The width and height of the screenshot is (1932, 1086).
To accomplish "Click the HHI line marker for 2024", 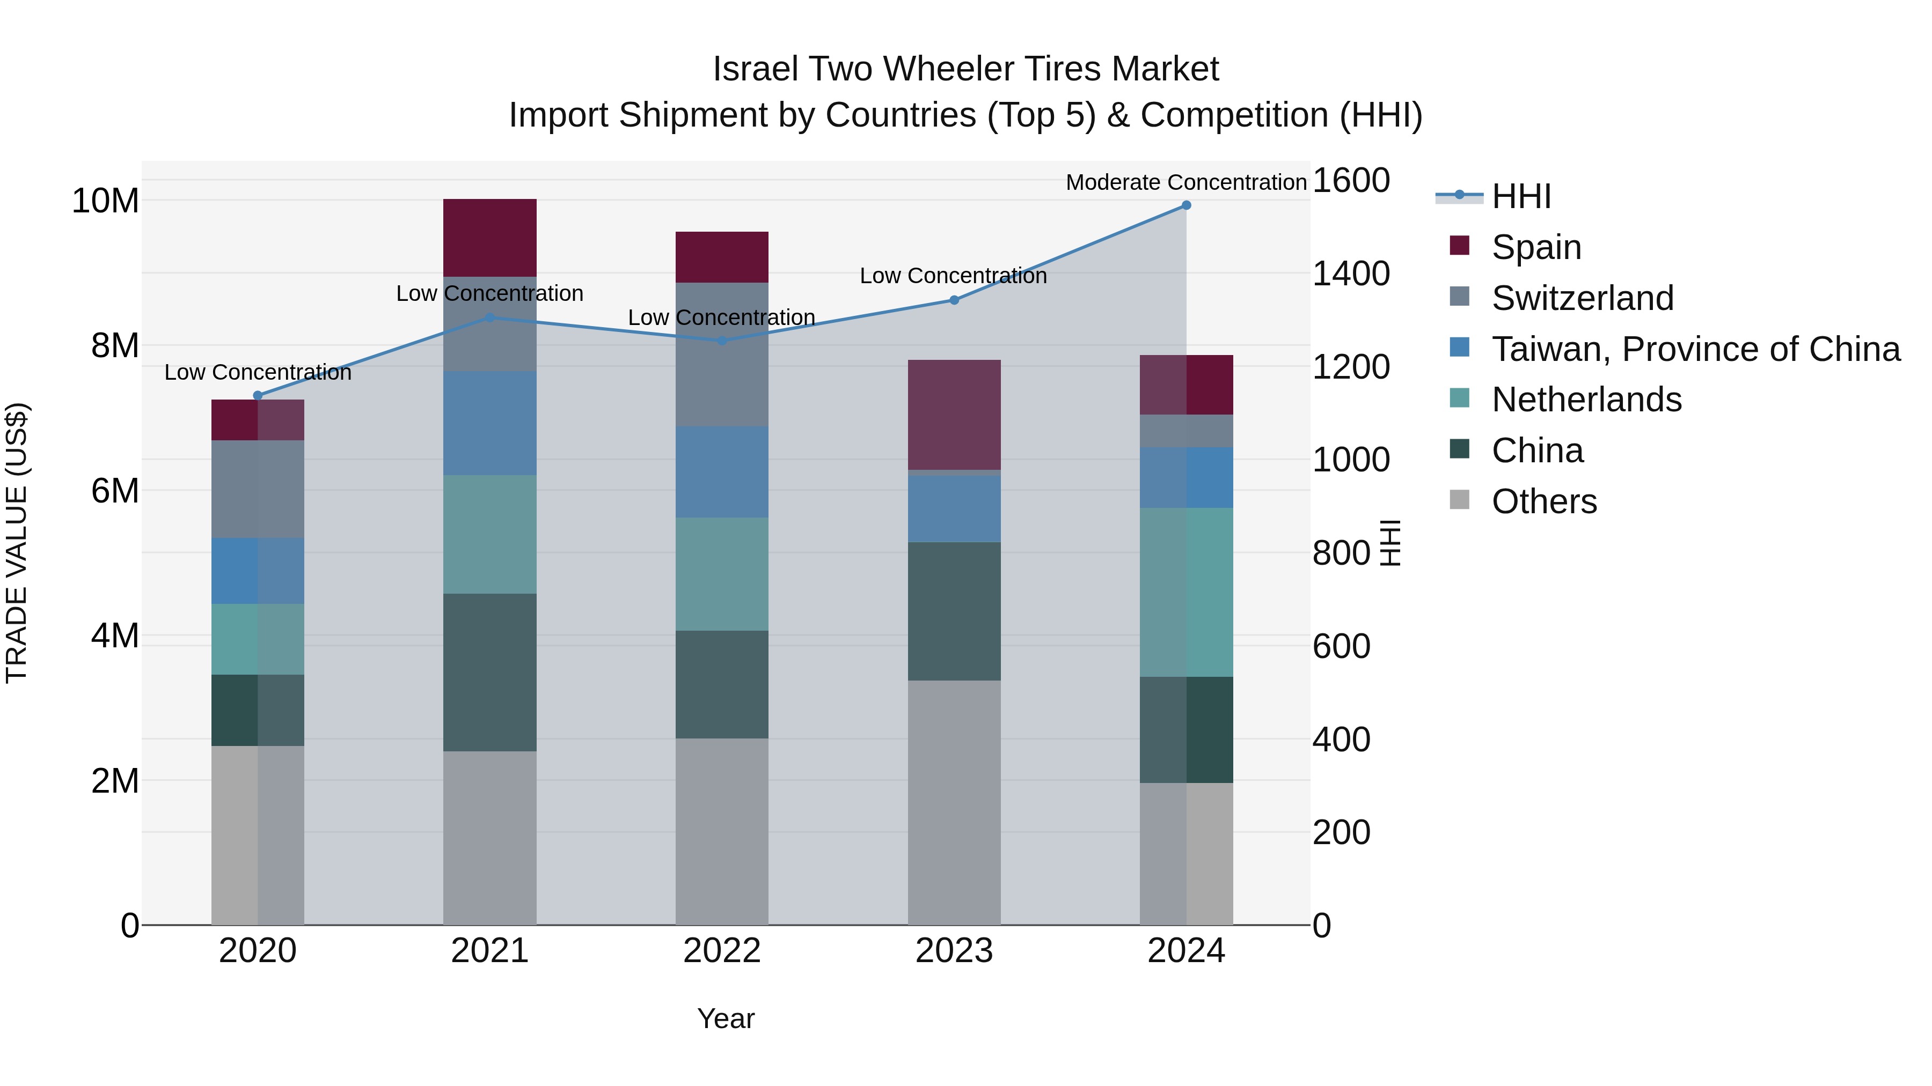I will (x=1185, y=205).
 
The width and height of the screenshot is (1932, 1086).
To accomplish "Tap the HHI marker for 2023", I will (x=954, y=300).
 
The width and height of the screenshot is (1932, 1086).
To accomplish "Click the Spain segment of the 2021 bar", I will (x=490, y=238).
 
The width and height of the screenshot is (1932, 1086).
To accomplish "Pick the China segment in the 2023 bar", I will (x=954, y=611).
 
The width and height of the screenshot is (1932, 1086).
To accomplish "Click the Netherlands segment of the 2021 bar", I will (x=490, y=534).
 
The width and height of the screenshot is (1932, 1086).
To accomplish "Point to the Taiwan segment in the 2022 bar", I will (x=721, y=471).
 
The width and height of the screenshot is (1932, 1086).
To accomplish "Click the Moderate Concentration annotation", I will (x=1185, y=182).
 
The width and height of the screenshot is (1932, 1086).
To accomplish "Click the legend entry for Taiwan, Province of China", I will (x=1695, y=349).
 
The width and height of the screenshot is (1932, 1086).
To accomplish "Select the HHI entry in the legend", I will (x=1520, y=196).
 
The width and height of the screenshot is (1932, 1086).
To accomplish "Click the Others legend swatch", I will (x=1460, y=500).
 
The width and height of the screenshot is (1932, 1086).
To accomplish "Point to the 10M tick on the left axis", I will (x=105, y=201).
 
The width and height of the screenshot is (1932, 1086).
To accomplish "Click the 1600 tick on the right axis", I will (x=1351, y=181).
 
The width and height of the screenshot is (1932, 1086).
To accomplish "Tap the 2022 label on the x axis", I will (x=721, y=951).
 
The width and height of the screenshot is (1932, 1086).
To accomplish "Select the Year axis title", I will (x=725, y=1018).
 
